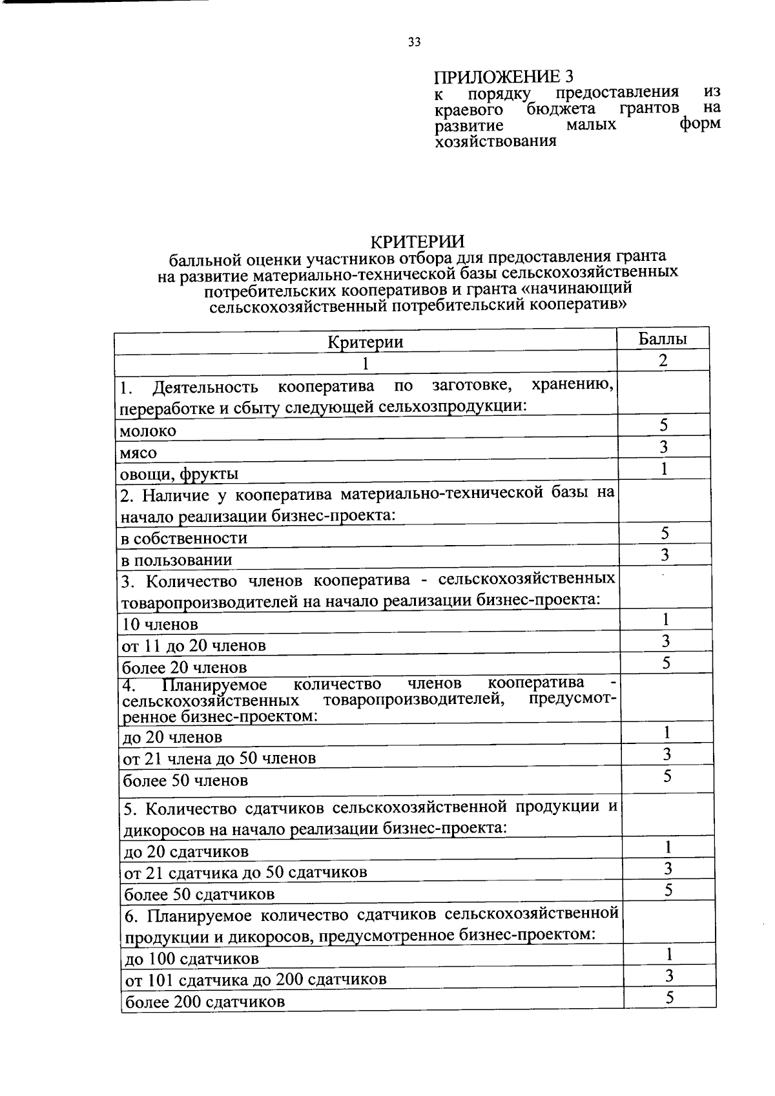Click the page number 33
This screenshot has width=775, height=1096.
414,43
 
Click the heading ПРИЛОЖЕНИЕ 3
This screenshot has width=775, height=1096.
502,77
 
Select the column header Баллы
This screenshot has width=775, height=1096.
663,338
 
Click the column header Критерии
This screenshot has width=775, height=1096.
366,342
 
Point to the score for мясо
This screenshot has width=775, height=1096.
663,447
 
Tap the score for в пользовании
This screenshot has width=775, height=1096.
665,555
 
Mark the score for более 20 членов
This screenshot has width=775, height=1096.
666,663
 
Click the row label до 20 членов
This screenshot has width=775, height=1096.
172,737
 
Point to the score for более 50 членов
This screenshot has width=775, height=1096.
667,776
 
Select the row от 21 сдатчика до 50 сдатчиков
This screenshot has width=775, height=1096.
245,873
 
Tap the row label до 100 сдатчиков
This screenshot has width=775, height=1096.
192,958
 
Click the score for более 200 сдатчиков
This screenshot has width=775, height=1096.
670,997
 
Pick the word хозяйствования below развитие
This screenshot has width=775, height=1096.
495,141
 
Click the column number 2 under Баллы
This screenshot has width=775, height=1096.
663,360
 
